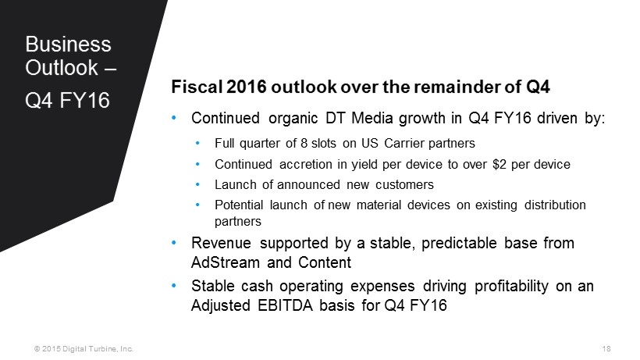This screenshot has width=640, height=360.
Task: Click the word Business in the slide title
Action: [x=68, y=44]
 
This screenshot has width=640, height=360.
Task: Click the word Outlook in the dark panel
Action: [x=62, y=67]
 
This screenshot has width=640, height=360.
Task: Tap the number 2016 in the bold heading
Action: [x=246, y=87]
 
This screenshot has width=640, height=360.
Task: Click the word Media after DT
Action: [x=372, y=118]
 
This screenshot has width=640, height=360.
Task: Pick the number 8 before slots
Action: [x=304, y=143]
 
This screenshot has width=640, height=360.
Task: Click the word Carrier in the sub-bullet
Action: [x=404, y=143]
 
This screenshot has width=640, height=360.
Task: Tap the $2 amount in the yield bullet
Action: [x=500, y=164]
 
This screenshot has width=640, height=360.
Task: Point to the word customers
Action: [x=404, y=184]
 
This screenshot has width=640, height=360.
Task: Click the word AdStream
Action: [x=226, y=262]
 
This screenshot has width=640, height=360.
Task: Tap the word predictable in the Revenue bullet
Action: [x=459, y=244]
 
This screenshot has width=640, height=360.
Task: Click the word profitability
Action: [x=511, y=286]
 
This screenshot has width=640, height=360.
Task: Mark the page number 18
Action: [x=606, y=348]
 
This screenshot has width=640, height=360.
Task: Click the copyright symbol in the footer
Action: [x=37, y=348]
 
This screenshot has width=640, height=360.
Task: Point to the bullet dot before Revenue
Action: [x=174, y=243]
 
